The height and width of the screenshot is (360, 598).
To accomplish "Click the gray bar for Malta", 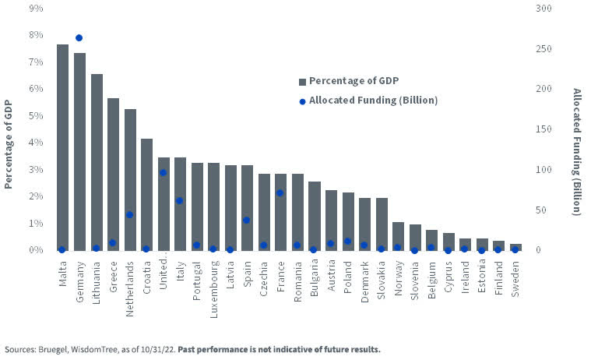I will coord(62,147).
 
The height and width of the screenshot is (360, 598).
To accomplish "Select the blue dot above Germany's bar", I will coord(79,37).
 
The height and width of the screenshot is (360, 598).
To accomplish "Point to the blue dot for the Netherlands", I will coord(130,215).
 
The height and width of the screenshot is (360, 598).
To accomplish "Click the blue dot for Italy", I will coord(179,200).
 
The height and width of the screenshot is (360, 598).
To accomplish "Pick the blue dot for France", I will coord(280,192).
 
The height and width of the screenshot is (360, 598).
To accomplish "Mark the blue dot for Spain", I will coord(246,220).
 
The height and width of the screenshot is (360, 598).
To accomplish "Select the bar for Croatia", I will coord(146,194).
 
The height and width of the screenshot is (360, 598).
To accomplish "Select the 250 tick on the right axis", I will coord(544,48).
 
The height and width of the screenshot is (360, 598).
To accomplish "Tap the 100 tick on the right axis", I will coord(544,169).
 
